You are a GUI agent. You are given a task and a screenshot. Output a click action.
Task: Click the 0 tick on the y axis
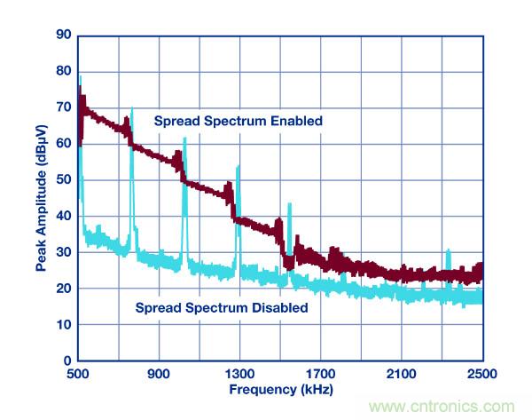(x=67, y=361)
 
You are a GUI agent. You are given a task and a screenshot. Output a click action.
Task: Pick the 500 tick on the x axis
(x=79, y=373)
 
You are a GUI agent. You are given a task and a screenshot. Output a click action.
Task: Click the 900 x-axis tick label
(x=159, y=373)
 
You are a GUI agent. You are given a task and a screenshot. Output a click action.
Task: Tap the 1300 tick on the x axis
(x=239, y=373)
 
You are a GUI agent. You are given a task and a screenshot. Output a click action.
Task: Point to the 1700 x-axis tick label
(x=320, y=373)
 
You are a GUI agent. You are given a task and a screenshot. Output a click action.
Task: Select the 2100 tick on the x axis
(x=401, y=373)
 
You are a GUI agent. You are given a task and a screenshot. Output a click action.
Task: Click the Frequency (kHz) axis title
(x=280, y=389)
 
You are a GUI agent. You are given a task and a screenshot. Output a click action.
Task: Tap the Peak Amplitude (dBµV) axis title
(x=41, y=196)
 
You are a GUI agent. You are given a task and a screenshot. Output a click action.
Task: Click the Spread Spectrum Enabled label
(x=238, y=121)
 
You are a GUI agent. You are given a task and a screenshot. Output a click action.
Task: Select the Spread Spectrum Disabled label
(x=222, y=308)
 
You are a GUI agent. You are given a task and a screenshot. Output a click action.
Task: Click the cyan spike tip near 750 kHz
(x=132, y=109)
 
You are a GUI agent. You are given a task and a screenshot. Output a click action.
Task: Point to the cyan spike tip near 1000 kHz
(x=184, y=139)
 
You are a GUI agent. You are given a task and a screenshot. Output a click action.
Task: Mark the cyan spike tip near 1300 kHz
(x=238, y=166)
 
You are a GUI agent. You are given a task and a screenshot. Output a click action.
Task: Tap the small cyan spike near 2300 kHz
(x=449, y=251)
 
